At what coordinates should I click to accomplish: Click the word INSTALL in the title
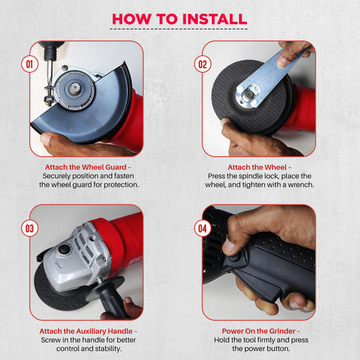[x=214, y=19]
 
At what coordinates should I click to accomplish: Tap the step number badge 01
[x=30, y=64]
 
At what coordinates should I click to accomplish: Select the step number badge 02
[x=202, y=64]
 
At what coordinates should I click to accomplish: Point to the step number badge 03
[x=30, y=229]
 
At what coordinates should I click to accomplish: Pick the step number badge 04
[x=202, y=229]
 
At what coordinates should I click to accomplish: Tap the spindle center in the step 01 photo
[x=75, y=88]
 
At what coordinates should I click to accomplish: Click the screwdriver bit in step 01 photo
[x=49, y=70]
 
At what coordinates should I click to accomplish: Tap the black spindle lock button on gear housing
[x=64, y=248]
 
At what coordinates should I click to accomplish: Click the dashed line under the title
[x=179, y=29]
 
